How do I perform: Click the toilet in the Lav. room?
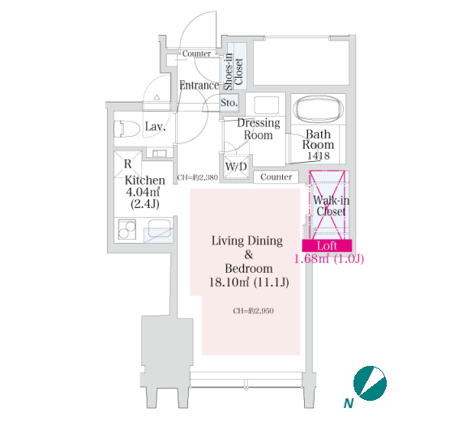(127, 129)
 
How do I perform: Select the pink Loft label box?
(327, 245)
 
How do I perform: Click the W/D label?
(236, 167)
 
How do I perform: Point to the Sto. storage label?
(229, 103)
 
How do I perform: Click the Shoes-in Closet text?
(233, 71)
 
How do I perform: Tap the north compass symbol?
(370, 384)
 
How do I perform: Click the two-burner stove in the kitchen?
(126, 230)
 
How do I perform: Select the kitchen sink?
(159, 228)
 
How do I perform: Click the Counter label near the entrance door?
(196, 53)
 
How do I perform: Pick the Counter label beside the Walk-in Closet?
(276, 177)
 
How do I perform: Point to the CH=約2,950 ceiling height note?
(253, 311)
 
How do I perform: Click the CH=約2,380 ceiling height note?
(197, 177)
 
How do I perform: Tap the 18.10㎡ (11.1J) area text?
(249, 283)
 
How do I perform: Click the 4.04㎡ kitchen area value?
(143, 192)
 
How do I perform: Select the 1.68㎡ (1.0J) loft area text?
(329, 258)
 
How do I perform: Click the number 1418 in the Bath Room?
(318, 155)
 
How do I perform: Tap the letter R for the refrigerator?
(128, 164)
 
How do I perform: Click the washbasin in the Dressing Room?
(267, 104)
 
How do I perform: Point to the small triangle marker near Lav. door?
(157, 97)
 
